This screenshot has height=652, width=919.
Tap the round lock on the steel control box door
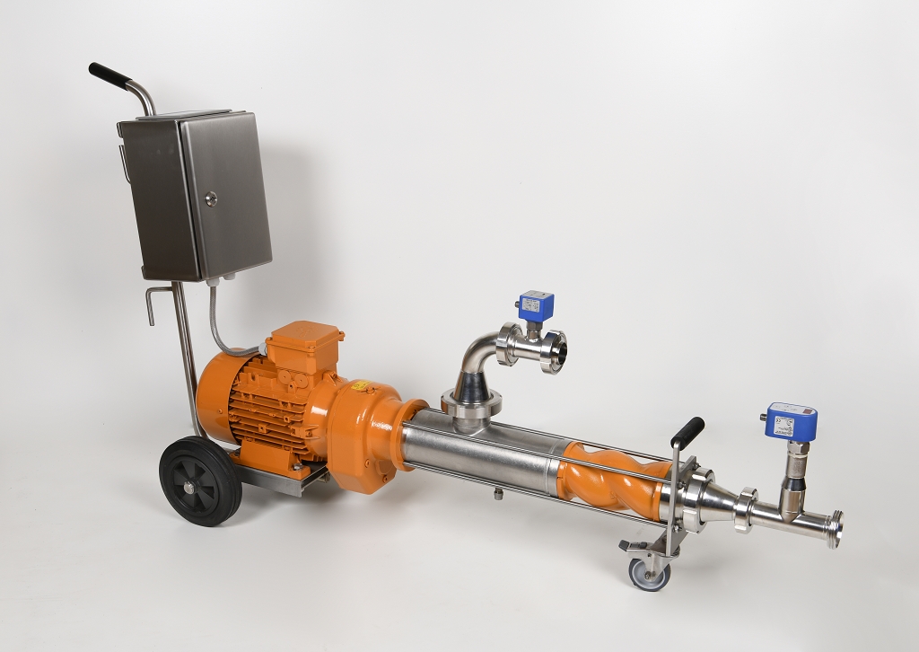[211, 198]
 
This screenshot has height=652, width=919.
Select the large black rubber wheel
[199, 480]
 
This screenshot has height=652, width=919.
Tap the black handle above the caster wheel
[687, 430]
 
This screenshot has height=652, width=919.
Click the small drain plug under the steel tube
[495, 493]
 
